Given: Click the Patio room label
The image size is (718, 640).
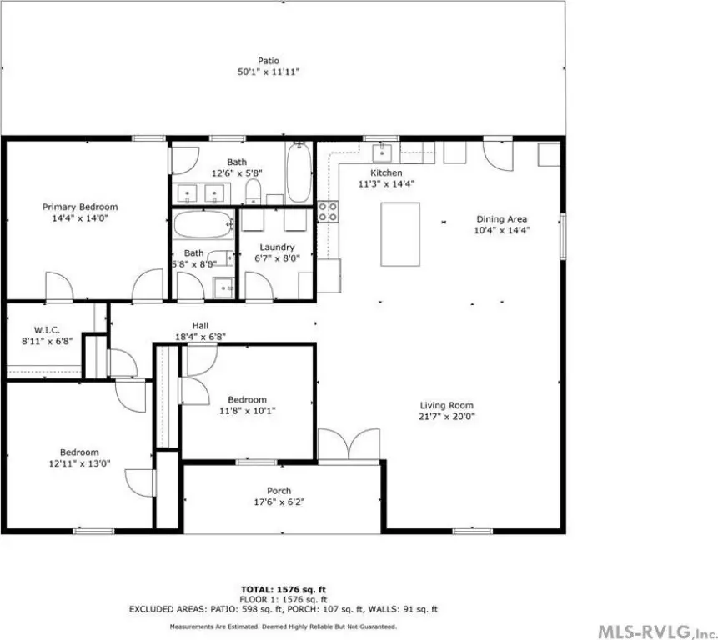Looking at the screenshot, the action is (269, 61).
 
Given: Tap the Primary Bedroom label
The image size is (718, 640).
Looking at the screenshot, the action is (80, 207).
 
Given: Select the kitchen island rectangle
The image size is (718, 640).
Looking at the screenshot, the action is (400, 234).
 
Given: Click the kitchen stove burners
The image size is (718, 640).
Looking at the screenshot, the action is (329, 212).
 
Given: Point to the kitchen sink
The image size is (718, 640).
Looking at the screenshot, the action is (382, 152).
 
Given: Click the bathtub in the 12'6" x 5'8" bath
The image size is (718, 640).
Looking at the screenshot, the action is (299, 172).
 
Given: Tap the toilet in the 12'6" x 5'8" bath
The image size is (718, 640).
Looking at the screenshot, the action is (253, 191).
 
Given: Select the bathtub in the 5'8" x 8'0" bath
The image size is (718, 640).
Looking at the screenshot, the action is (203, 224).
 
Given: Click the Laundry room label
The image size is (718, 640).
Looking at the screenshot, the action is (277, 247).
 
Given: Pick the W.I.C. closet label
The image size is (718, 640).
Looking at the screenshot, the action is (47, 330).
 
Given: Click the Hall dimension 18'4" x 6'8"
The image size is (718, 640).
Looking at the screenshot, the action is (201, 337).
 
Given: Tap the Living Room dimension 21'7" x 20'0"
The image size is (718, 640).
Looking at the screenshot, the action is (446, 417).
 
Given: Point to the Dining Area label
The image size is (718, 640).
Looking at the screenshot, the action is (501, 219).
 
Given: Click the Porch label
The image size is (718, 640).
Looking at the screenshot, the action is (279, 491).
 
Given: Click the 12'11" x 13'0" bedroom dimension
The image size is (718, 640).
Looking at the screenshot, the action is (80, 463).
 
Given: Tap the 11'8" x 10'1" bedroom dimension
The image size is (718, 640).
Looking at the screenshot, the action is (248, 411).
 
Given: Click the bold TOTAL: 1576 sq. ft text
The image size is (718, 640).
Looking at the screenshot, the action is (284, 590).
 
